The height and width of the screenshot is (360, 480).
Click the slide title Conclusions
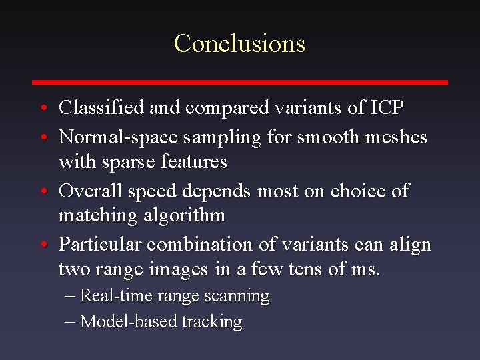coord(239,43)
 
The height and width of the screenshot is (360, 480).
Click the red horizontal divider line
coord(240,82)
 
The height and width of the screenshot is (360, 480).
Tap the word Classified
coord(101,107)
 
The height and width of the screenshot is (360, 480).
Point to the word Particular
coord(99,245)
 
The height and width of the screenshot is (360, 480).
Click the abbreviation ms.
coord(367,269)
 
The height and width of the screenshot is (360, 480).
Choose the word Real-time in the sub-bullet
coord(111,296)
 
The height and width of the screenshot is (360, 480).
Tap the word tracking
coord(212,322)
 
